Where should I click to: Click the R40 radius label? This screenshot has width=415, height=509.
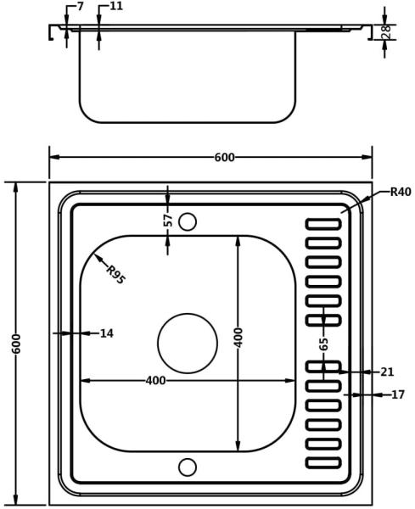(x=401, y=192)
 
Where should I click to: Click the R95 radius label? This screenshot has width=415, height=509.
(x=115, y=275)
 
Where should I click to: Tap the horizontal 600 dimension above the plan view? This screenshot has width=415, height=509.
(x=224, y=158)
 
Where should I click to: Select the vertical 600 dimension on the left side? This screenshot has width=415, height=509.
(x=16, y=344)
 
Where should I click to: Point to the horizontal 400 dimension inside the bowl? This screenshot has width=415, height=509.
(x=155, y=380)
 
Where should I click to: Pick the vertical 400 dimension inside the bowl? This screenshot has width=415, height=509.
(x=238, y=338)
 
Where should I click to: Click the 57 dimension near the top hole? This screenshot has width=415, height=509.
(x=168, y=221)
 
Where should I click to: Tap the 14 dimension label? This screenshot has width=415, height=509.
(x=107, y=333)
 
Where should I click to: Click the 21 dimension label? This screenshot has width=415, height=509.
(x=387, y=372)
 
